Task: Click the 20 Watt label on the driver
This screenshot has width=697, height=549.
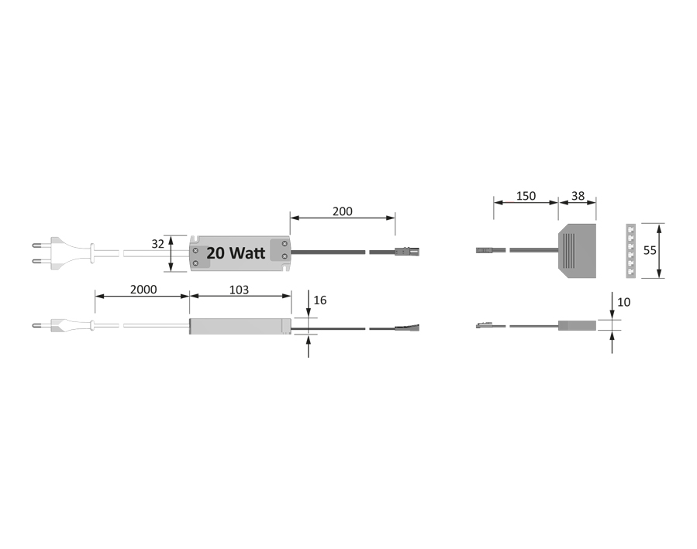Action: click(236, 253)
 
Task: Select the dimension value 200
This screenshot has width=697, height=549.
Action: click(342, 211)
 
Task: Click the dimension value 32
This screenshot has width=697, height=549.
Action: click(157, 243)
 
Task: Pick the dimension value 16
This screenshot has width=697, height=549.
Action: click(319, 300)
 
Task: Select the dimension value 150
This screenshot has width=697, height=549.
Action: click(526, 196)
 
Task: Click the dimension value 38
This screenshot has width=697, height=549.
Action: click(578, 196)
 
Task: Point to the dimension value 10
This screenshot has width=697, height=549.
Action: click(625, 301)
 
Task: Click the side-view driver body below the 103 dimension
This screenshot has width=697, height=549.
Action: click(240, 327)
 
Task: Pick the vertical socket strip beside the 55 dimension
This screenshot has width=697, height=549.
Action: click(630, 250)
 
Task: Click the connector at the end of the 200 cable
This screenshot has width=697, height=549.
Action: click(406, 251)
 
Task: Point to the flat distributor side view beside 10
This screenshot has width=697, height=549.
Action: click(578, 326)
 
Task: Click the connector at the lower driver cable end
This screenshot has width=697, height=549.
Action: click(406, 328)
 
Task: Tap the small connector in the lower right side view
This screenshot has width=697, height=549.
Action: click(485, 326)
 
